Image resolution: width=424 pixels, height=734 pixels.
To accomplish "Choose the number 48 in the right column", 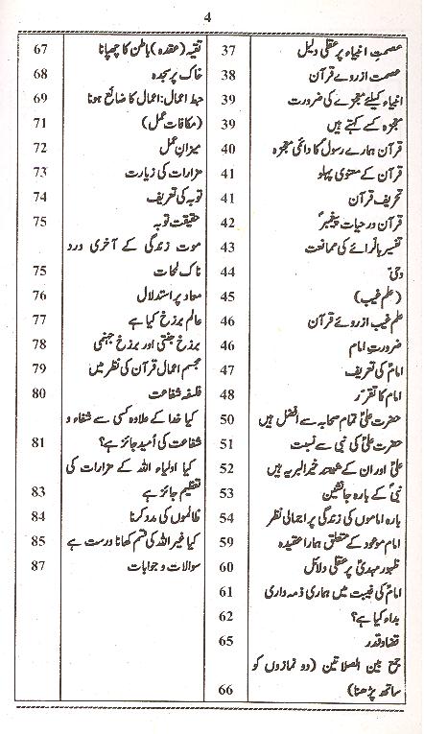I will (x=228, y=367).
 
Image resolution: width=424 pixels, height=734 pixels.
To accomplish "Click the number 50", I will (x=228, y=392).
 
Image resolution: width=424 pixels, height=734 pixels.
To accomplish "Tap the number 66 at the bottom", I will (x=228, y=715).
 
